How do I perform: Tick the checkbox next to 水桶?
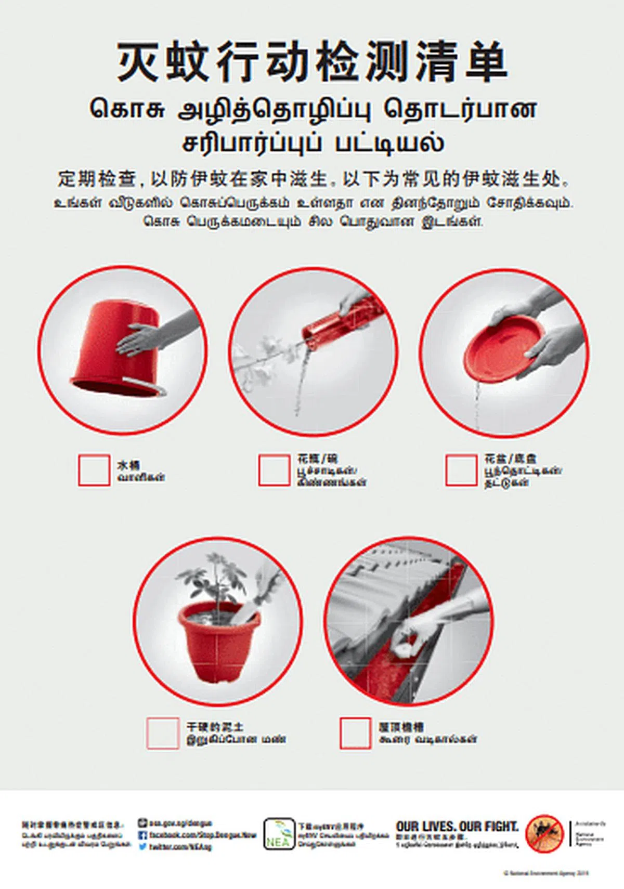94,470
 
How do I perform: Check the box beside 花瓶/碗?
274,470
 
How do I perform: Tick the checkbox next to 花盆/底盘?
461,470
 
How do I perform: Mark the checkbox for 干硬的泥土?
163,733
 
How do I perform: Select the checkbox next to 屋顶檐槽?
355,733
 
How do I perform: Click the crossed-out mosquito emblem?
544,833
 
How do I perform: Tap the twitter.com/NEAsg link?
179,846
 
